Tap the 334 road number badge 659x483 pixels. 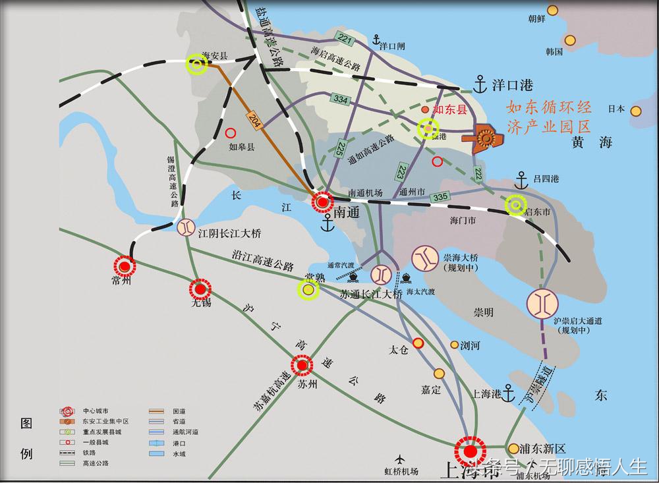coord(341,99)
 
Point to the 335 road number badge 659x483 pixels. coord(440,197)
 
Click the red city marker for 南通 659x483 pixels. coord(322,203)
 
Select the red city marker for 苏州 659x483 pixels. coord(302,365)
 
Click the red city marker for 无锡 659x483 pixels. coord(200,289)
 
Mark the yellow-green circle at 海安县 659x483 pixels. coord(196,64)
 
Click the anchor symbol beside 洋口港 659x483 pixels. coord(482,84)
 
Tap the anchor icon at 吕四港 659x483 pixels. coord(521,179)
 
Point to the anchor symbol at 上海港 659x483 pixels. coord(508,393)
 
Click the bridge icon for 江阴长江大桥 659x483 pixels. coord(186,227)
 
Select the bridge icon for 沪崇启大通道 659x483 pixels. coord(543,303)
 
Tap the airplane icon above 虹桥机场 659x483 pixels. coord(399,459)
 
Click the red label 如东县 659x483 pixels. coord(449,110)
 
